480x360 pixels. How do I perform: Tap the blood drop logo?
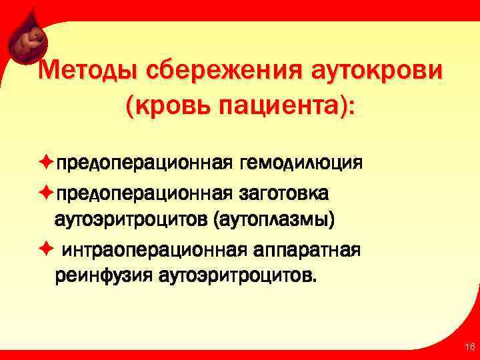[x=27, y=42]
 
